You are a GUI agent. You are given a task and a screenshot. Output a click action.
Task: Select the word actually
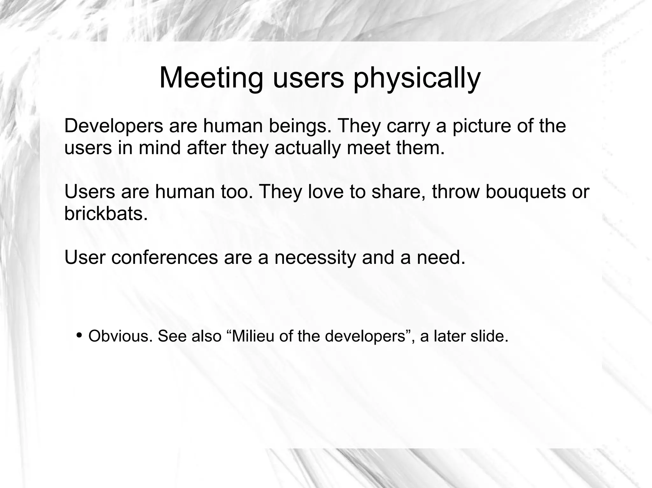coord(308,148)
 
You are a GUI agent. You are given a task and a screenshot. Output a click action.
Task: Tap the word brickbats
coord(106,213)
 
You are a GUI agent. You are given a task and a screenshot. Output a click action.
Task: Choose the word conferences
coord(165,257)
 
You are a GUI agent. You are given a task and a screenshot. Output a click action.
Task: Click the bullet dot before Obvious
coord(79,335)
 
